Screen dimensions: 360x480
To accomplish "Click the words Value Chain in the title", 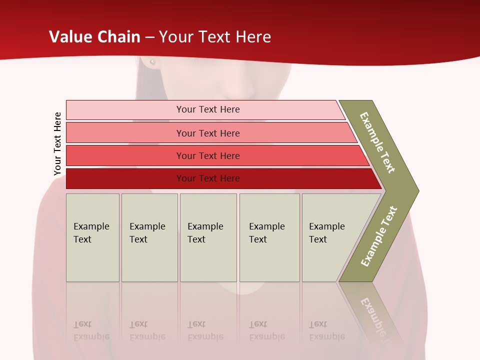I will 94,37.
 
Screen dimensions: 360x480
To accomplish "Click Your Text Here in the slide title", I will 215,37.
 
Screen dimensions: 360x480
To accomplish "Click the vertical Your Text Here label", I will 57,143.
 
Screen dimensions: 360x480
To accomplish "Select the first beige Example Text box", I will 92,237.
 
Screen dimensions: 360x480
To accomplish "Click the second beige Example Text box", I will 149,237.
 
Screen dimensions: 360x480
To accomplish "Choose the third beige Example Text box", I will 208,237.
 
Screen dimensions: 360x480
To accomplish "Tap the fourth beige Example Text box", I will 269,237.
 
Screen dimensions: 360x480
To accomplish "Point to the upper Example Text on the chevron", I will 377,142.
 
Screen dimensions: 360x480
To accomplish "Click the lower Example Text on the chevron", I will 379,236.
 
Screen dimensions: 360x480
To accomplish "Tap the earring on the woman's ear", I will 152,62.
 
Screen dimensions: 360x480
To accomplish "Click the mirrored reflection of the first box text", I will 91,330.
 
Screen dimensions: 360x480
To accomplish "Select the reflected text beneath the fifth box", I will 326,330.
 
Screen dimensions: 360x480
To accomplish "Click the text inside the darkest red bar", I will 208,178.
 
